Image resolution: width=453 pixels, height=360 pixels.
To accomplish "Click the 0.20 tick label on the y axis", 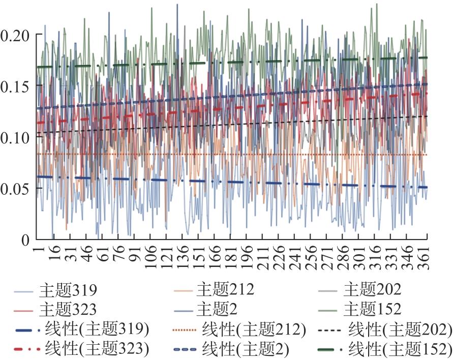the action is point(15,35).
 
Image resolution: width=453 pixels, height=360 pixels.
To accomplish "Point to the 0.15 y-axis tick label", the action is point(15,86).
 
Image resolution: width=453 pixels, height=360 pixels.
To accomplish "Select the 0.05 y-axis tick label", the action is point(15,189).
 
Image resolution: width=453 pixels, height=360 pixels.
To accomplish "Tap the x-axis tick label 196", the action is point(247,257).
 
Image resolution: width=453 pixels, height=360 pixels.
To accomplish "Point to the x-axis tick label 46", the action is point(86,253).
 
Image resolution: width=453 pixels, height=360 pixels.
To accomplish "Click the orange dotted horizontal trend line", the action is point(232,154).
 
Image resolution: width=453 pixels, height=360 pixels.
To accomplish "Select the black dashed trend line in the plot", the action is point(232,125).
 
